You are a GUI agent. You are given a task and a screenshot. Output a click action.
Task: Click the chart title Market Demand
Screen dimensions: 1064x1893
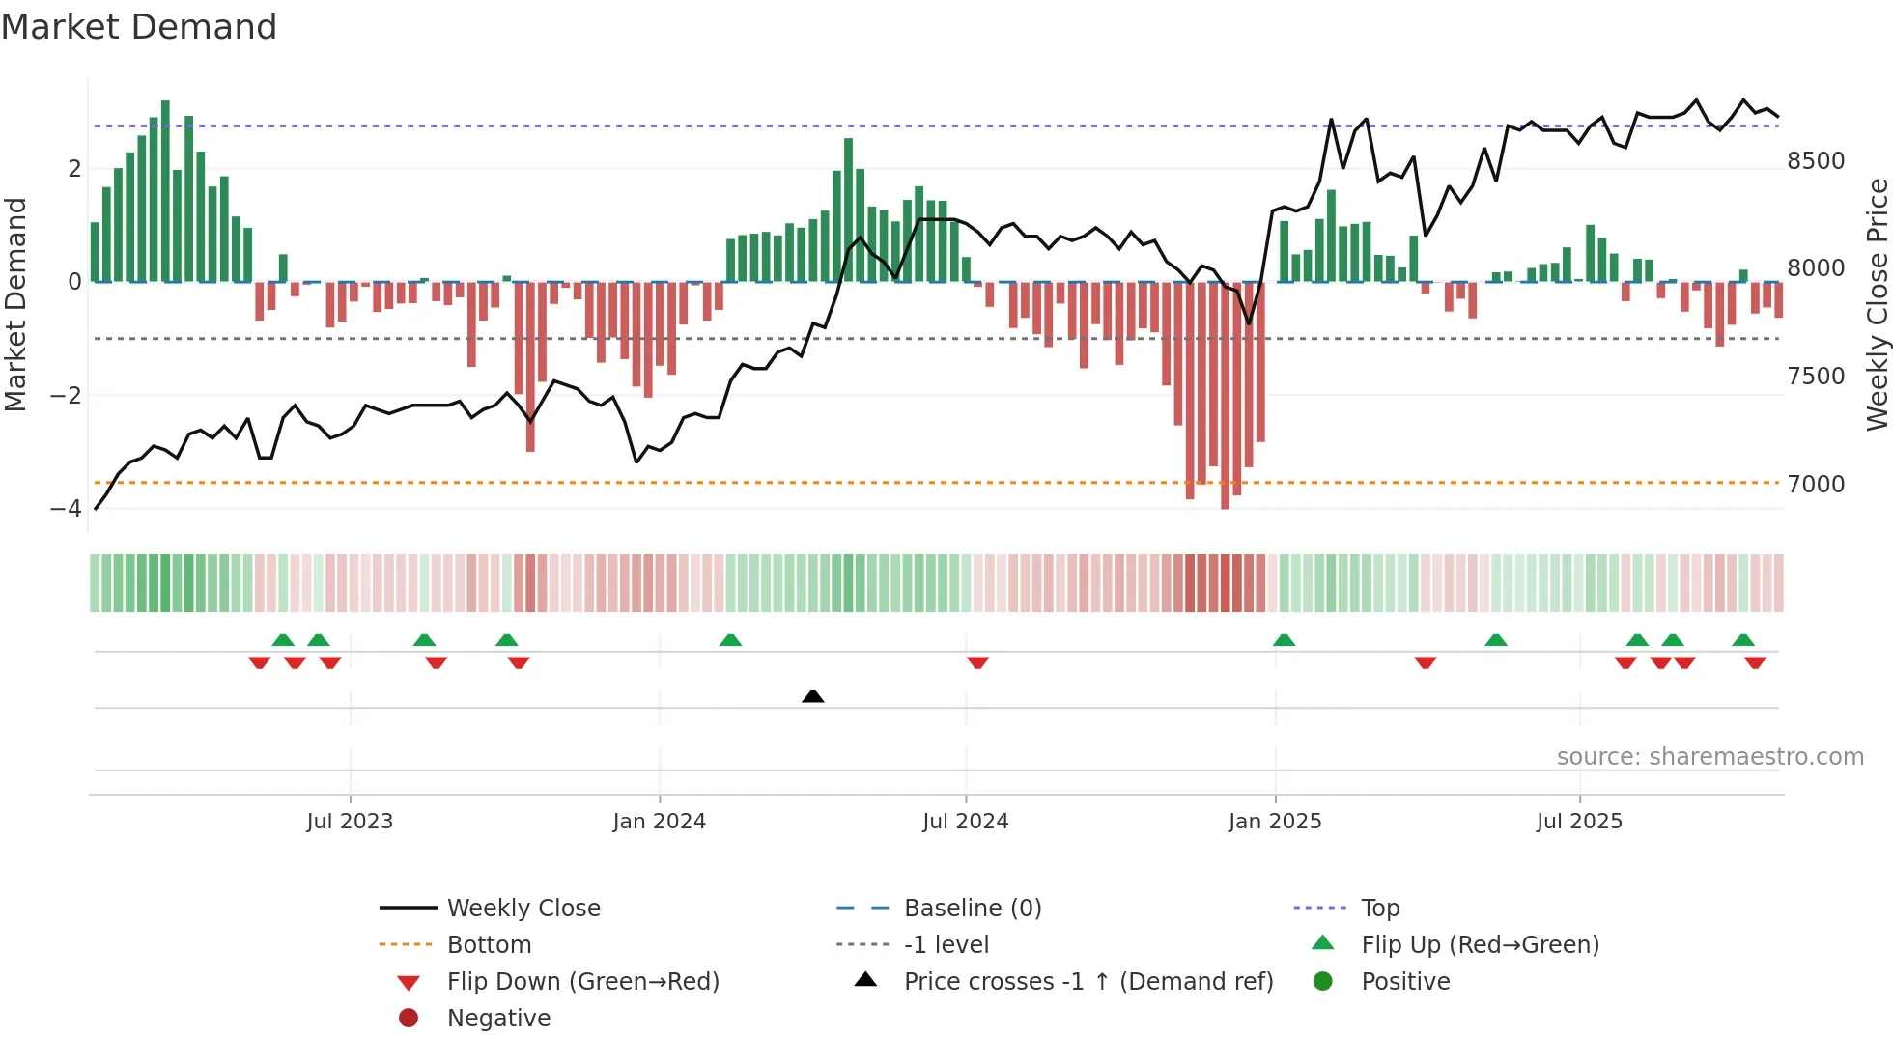139,27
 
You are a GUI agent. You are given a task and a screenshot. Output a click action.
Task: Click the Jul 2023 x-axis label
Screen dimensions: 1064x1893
350,822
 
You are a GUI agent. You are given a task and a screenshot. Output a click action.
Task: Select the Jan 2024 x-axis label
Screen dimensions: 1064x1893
659,822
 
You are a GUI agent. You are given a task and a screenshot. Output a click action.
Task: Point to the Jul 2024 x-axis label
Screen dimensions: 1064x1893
965,822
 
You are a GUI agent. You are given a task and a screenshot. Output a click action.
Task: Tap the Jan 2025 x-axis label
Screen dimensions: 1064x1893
1275,822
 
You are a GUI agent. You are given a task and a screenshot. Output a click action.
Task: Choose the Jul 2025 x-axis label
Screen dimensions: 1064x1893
1579,822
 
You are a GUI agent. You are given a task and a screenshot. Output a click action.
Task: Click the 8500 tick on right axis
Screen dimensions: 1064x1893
1816,161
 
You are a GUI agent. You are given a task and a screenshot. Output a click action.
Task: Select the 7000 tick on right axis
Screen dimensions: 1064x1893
1816,485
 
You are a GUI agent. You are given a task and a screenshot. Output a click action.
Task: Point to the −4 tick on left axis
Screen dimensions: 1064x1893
66,509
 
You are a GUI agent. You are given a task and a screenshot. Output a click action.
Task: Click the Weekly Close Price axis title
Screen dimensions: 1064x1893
1877,304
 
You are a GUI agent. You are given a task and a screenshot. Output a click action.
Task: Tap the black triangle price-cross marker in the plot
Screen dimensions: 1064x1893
813,696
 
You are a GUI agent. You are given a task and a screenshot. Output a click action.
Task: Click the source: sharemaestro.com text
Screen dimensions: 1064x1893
1709,757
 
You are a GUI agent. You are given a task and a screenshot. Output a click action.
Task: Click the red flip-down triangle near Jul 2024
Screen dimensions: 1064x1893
977,662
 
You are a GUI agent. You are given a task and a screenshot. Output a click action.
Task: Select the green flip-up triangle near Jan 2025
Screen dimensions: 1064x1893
1284,640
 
